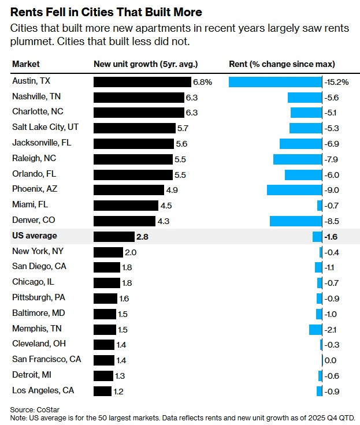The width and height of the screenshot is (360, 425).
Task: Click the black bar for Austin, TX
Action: point(142,82)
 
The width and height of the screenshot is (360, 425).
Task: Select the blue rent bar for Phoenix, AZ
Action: point(294,189)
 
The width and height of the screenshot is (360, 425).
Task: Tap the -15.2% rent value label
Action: point(337,82)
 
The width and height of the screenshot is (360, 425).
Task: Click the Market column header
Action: point(26,64)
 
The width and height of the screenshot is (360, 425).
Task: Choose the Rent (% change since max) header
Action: point(282,64)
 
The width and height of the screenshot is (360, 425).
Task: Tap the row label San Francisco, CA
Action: point(47,360)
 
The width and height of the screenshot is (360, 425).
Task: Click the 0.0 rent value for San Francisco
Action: point(331,360)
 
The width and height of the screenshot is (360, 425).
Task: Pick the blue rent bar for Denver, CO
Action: point(295,221)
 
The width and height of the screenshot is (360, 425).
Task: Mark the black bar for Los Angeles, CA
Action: point(102,391)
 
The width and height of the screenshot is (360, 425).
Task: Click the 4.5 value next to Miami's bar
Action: point(166,205)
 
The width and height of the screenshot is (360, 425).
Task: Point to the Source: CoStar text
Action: point(31,409)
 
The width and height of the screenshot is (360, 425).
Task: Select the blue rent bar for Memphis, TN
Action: point(315,329)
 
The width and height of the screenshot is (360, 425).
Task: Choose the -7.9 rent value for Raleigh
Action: point(332,159)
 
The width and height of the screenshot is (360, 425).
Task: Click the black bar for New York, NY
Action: point(108,252)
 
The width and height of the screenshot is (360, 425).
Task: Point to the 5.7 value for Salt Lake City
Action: point(183,128)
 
